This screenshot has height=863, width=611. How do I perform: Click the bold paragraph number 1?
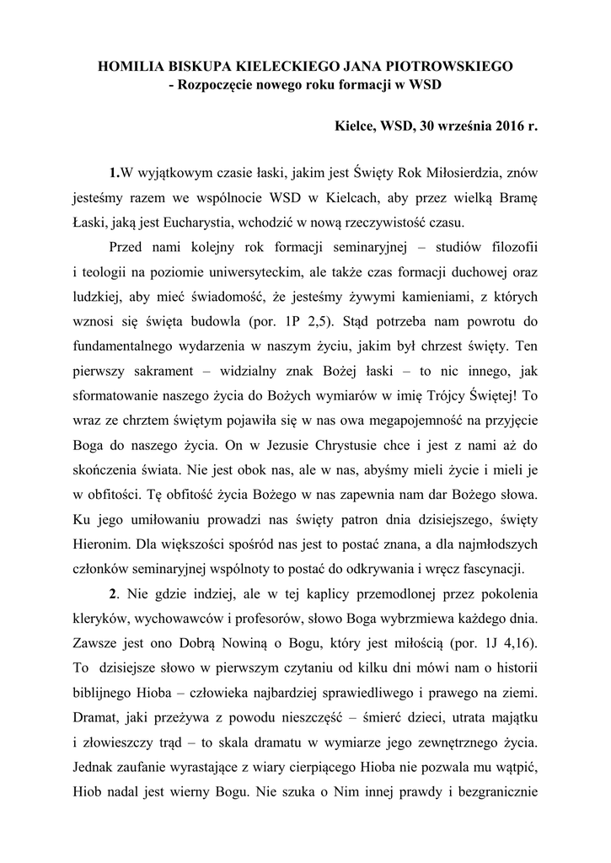point(115,174)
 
